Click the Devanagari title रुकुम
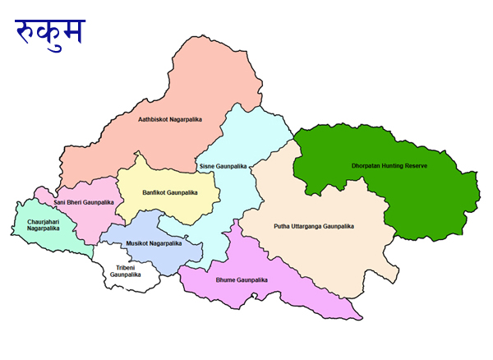[x=50, y=31]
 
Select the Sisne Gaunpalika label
[x=223, y=166]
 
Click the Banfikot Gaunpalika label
[x=170, y=192]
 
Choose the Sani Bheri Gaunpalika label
[x=84, y=202]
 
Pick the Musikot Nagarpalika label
[x=154, y=243]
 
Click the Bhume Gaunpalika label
[x=242, y=280]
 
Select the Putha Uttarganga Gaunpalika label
[x=313, y=225]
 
